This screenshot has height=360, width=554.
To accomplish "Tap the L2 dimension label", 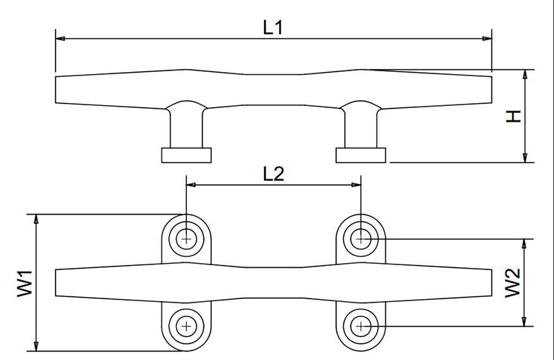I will [x=274, y=174].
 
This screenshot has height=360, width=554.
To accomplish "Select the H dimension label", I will [x=513, y=116].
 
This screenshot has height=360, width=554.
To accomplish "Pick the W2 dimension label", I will [x=513, y=282].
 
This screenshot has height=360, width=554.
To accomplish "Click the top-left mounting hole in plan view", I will [x=186, y=239].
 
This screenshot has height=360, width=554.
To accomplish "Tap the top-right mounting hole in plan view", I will [x=361, y=239].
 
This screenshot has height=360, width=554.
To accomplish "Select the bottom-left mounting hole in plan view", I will [x=186, y=325].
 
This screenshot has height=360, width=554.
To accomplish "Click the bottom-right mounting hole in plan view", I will [x=361, y=325].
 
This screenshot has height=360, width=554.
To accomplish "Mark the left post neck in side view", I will [x=186, y=128].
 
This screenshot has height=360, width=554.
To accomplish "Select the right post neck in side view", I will [x=361, y=128].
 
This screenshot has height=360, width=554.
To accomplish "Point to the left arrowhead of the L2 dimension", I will [x=190, y=185].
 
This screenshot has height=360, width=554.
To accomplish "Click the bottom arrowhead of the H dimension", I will [x=527, y=158].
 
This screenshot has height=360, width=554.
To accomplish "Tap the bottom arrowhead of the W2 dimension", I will [x=528, y=322].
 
